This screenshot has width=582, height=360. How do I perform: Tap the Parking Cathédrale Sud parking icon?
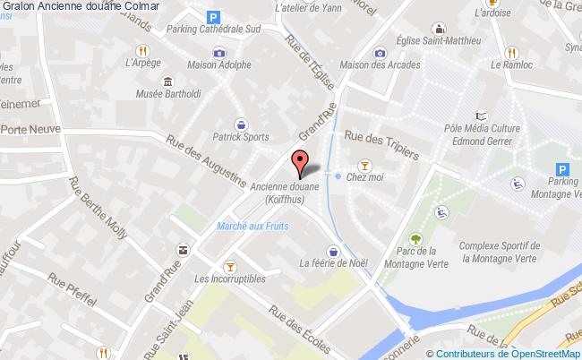click(x=212, y=16)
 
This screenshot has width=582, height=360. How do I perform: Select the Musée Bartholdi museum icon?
click(x=166, y=82)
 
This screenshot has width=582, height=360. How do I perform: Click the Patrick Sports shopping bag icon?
click(x=241, y=124)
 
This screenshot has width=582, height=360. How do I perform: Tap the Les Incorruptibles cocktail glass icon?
click(x=230, y=265)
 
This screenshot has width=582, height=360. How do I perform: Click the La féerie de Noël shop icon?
click(x=334, y=251)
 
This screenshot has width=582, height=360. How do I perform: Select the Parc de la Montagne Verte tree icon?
click(x=415, y=238)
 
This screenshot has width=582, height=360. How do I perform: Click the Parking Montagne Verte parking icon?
click(x=562, y=169)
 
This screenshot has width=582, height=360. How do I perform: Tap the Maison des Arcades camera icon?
click(x=381, y=52)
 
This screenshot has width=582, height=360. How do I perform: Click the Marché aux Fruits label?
click(x=252, y=227)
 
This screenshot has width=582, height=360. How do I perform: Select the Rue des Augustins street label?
click(x=205, y=163)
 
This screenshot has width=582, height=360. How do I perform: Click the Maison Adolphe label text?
click(x=218, y=65)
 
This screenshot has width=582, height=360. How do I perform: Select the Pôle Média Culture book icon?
click(x=483, y=116)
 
